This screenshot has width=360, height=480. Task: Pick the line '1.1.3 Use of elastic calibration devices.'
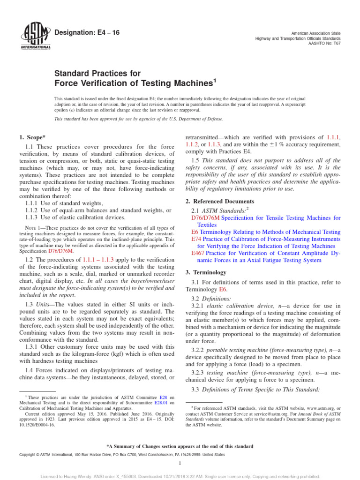[x=75, y=217]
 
